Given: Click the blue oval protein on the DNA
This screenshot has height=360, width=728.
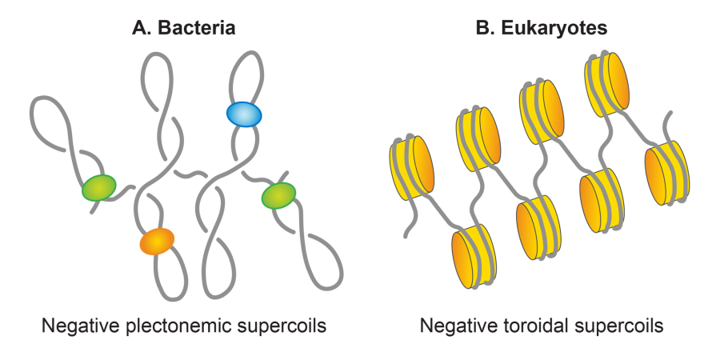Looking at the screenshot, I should [244, 114].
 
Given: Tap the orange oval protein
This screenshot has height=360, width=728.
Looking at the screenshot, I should [156, 240].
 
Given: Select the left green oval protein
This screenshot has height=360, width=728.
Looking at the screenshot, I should [99, 188].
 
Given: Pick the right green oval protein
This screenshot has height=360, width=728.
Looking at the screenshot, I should [278, 194].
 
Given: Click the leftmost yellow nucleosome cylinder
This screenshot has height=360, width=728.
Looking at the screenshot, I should [410, 171].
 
